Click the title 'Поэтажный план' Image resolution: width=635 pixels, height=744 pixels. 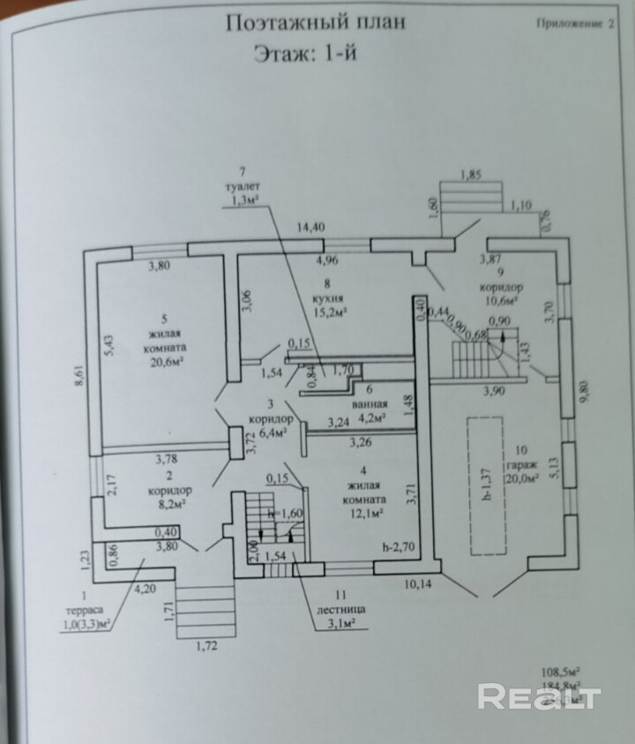(x=316, y=22)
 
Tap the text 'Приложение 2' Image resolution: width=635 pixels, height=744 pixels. (x=574, y=25)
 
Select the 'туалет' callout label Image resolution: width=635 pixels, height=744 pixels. (x=240, y=186)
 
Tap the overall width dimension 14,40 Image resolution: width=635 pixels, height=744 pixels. (x=311, y=228)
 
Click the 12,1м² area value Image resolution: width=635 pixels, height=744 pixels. (x=363, y=512)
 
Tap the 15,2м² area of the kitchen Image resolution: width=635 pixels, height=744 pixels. (x=328, y=311)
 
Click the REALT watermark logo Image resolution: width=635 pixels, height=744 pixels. (x=539, y=696)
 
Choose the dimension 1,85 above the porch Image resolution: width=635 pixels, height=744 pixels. (x=472, y=176)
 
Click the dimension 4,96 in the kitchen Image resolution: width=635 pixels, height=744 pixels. (x=325, y=260)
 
